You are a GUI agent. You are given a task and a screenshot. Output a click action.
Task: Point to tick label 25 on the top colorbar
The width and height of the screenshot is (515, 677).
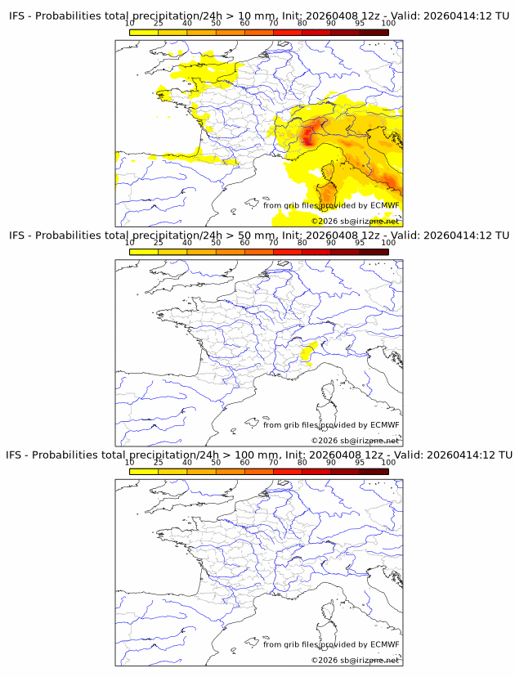pos(159,23)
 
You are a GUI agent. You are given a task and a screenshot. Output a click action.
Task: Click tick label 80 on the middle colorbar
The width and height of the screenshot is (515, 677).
pos(302,242)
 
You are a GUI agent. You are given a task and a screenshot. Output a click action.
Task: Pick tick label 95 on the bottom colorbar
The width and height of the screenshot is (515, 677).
pos(360,461)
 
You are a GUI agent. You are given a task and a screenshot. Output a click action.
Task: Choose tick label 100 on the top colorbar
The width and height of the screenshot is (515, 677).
pos(388,23)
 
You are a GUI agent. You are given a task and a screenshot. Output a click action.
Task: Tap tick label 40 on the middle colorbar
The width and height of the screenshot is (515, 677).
pos(187,242)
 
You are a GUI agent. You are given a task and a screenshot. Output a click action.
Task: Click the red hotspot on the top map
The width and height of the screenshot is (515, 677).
pos(308,135)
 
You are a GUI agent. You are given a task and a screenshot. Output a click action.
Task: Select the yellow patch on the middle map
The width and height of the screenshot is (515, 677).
pos(307,352)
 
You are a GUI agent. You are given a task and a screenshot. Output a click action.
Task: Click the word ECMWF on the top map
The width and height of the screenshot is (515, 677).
pos(385,205)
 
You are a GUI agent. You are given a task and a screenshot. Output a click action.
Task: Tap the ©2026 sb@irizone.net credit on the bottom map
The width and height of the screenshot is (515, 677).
pos(355,660)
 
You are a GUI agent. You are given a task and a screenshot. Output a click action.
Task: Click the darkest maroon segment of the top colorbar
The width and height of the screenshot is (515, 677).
pos(374,32)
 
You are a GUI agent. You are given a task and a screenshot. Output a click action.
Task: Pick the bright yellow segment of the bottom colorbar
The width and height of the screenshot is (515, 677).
pos(144,470)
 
